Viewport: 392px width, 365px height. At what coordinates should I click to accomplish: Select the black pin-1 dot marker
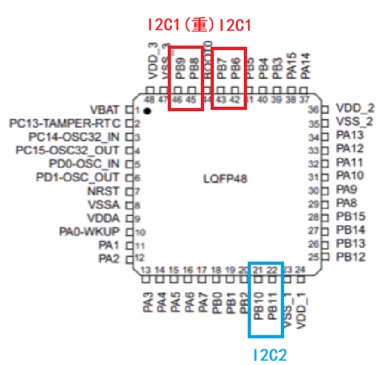pos(148,112)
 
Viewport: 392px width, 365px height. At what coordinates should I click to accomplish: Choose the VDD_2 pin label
pos(355,109)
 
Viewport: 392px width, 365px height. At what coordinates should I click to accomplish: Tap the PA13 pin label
pos(350,136)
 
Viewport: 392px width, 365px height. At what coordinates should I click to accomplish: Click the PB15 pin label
pos(351,217)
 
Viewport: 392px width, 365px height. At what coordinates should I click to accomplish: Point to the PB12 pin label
pos(351,257)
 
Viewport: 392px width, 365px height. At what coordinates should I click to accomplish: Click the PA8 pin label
pos(348,203)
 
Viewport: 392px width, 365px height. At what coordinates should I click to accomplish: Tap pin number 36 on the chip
pos(313,109)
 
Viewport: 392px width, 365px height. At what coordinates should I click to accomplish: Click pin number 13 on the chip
pos(146,270)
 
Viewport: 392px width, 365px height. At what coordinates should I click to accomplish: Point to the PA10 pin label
pos(350,176)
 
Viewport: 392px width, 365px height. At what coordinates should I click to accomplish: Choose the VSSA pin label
pos(104,205)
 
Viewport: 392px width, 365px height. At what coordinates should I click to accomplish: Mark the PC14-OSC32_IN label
pos(75,137)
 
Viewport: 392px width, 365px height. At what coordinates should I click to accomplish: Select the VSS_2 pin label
pos(355,122)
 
